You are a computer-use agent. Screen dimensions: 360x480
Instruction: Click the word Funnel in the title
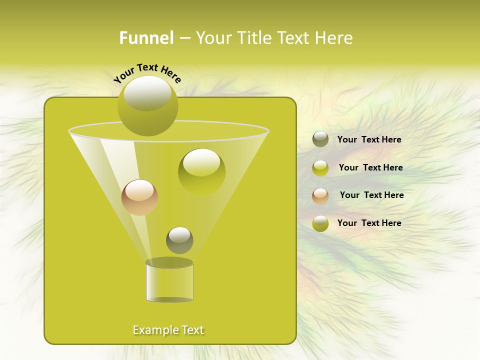[146, 38]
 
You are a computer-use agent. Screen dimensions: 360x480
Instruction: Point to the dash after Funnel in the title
[184, 38]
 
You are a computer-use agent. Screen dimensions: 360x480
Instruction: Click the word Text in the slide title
[295, 38]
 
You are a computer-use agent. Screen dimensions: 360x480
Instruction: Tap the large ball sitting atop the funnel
[147, 106]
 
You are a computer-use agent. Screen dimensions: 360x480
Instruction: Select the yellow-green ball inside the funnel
[201, 171]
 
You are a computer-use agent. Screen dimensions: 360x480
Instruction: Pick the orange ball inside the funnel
[139, 197]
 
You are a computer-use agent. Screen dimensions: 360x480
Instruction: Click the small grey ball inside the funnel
[179, 240]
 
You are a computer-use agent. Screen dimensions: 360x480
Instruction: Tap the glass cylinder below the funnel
[169, 281]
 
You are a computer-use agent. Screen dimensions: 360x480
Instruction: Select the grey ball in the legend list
[320, 139]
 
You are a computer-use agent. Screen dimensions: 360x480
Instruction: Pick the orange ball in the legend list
[320, 195]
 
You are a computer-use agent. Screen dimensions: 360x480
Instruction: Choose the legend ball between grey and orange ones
[320, 168]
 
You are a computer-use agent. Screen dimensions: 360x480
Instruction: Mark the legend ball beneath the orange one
[320, 223]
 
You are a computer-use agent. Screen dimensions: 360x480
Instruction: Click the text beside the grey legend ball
[369, 139]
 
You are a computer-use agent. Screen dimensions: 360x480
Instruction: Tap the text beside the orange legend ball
[371, 195]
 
